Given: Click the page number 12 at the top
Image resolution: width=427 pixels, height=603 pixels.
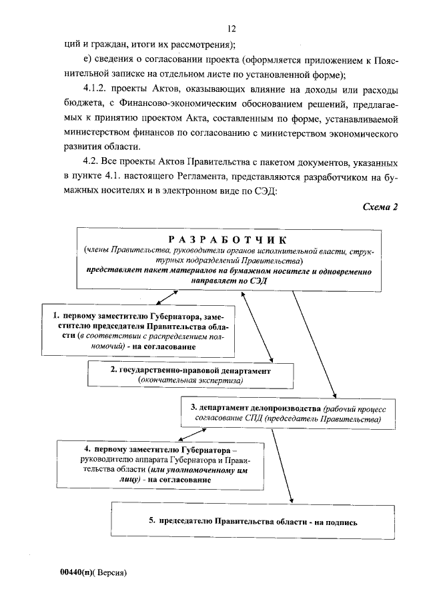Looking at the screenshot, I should click(232, 29).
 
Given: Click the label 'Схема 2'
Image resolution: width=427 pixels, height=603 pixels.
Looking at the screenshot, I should click(380, 207).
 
